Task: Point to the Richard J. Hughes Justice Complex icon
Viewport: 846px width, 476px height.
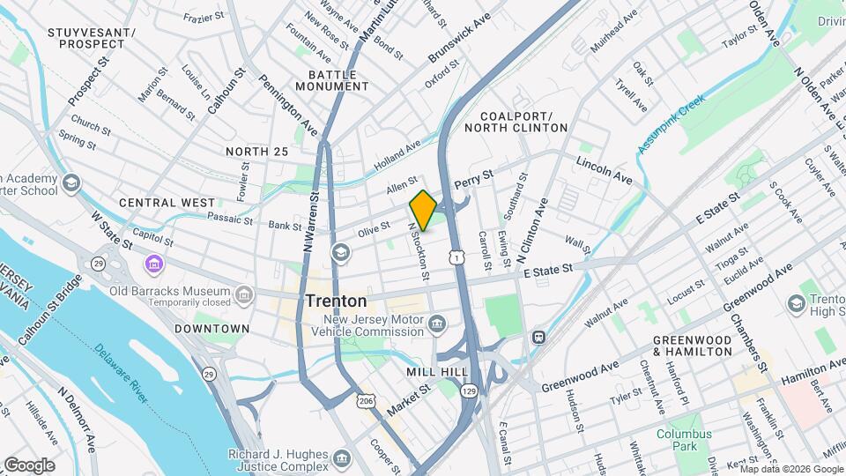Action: (342, 458)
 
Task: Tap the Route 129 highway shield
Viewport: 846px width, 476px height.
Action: (468, 390)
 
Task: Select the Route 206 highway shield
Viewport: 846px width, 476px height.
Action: (365, 401)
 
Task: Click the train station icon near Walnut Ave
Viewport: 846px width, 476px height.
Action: (537, 338)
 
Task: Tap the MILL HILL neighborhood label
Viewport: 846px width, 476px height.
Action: (437, 372)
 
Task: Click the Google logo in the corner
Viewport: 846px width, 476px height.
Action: (29, 465)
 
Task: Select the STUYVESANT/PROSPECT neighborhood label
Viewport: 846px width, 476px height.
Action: (79, 38)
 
